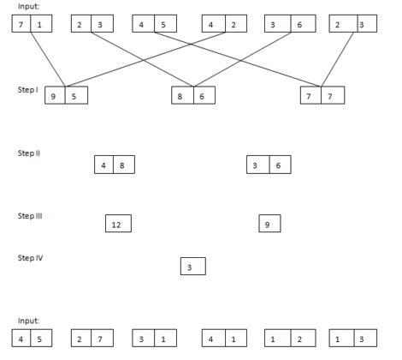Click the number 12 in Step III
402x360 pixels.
tap(117, 225)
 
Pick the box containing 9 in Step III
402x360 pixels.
tap(269, 225)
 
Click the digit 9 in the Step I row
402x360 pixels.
tap(55, 97)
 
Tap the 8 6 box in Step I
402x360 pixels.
tap(192, 97)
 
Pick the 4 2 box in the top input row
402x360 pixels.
tap(222, 25)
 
